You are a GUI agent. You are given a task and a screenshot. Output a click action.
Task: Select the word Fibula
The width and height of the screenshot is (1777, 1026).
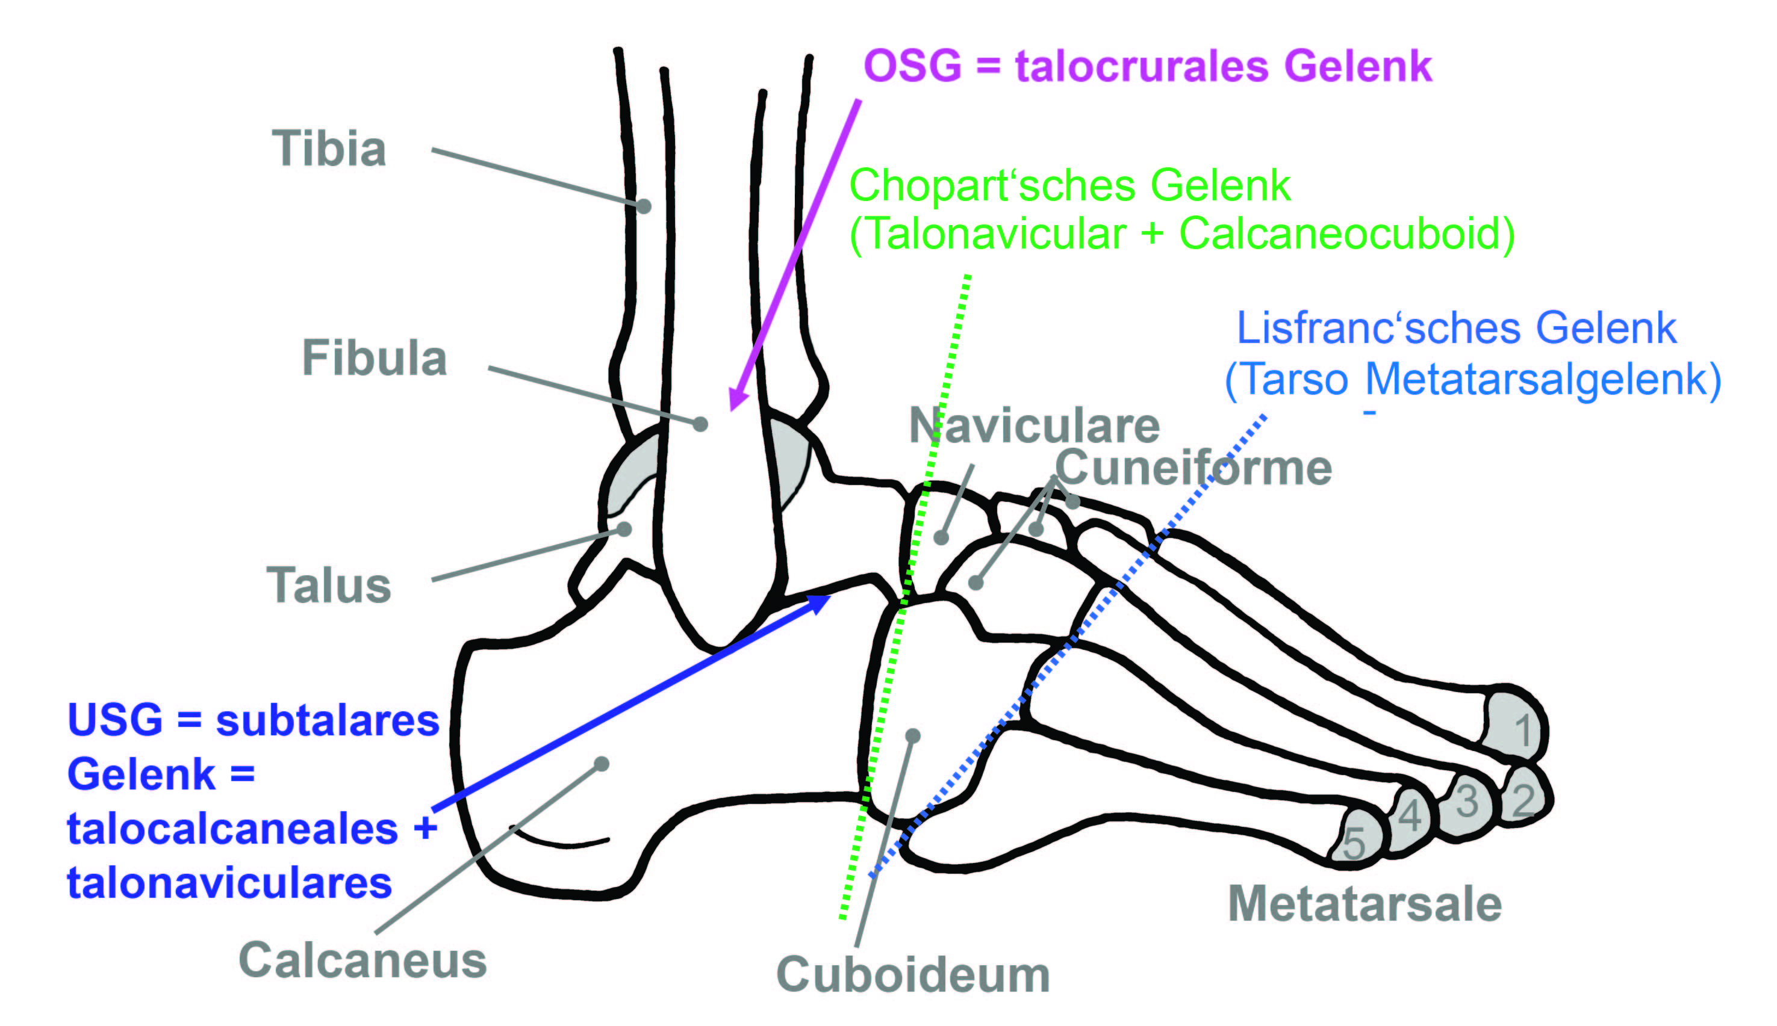tap(375, 358)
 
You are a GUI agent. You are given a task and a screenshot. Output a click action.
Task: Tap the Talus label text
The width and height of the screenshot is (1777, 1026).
tap(329, 585)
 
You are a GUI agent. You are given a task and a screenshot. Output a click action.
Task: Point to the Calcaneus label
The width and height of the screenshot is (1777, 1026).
tap(363, 960)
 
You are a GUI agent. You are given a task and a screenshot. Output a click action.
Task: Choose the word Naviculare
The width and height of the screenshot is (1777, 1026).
tap(1035, 425)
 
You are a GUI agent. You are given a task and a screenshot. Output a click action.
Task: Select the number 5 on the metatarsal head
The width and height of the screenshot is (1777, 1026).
tap(1353, 843)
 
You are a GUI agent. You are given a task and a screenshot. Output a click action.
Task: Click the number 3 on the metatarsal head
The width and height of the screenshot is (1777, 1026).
tap(1467, 801)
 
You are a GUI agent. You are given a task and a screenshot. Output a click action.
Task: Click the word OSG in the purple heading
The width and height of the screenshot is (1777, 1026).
tap(912, 66)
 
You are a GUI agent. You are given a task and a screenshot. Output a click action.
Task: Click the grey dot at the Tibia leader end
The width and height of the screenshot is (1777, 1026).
tap(644, 206)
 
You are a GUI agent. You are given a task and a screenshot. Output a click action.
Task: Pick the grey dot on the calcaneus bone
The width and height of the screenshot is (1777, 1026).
tap(602, 764)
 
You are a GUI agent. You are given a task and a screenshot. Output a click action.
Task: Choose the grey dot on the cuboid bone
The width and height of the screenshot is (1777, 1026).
tap(913, 736)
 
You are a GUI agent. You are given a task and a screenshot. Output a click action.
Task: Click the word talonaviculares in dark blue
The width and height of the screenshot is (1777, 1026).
tap(229, 883)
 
